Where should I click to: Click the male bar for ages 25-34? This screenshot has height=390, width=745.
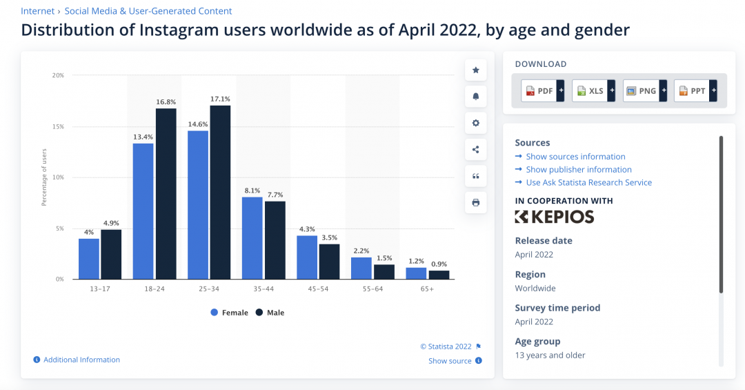[x=220, y=192]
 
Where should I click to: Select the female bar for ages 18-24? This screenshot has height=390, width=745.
[x=143, y=211]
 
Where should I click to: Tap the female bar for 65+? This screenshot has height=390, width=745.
[x=416, y=273]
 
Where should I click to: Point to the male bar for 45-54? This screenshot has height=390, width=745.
[x=329, y=262]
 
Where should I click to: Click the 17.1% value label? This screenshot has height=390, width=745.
[x=220, y=99]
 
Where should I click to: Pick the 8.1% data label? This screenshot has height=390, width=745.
[x=252, y=191]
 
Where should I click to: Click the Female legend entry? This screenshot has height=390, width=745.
[x=230, y=313]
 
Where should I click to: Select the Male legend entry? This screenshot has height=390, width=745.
[x=270, y=313]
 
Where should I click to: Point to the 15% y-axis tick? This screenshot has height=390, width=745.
[x=58, y=126]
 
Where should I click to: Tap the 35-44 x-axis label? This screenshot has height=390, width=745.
[x=264, y=289]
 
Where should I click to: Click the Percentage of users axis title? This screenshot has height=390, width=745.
[x=44, y=177]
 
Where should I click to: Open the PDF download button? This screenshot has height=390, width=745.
[x=543, y=91]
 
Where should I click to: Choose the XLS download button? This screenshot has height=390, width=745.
[x=593, y=91]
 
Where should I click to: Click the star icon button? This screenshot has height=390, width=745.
[x=475, y=70]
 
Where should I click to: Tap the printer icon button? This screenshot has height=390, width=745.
[x=475, y=203]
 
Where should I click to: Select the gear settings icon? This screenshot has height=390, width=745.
[x=475, y=123]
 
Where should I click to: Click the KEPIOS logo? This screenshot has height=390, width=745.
[x=555, y=217]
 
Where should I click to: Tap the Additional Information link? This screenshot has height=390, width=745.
[x=77, y=360]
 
